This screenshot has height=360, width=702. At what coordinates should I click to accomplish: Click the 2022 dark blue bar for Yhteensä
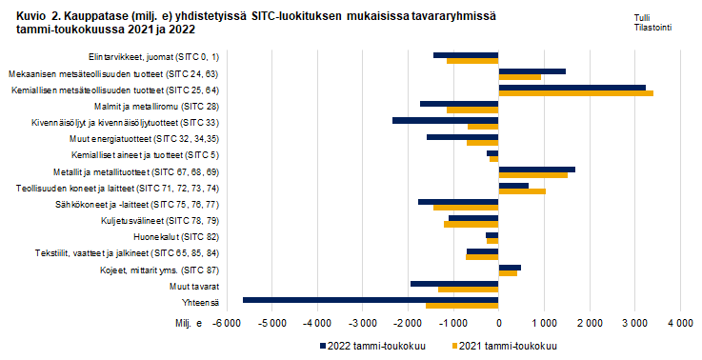(371, 299)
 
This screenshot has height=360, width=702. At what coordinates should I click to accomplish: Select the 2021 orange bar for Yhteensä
(462, 306)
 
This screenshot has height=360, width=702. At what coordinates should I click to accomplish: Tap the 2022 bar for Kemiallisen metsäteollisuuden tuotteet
(572, 87)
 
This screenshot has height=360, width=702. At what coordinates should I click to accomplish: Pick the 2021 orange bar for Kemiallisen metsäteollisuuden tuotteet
(575, 93)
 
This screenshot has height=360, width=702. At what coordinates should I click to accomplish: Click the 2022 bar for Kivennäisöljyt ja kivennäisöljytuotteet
(445, 120)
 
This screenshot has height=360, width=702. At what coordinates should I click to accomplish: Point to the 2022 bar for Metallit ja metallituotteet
(536, 169)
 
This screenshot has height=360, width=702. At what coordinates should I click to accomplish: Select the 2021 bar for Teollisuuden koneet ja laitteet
(522, 191)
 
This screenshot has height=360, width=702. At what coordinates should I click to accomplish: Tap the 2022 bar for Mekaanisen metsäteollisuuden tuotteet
(532, 70)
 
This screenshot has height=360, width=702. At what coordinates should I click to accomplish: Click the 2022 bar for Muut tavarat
(454, 283)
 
